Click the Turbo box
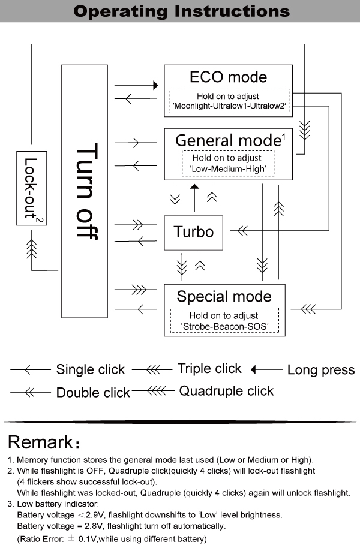tap(193, 232)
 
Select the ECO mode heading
tap(228, 77)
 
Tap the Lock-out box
tap(31, 188)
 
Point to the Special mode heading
tap(224, 296)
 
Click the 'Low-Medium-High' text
tap(227, 170)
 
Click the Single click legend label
tap(91, 369)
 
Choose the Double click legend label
tap(93, 393)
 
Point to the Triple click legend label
tap(209, 368)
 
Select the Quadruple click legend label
tap(226, 391)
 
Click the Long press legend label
tap(321, 370)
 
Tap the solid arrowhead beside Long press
tap(254, 369)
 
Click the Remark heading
tap(40, 443)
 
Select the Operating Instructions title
tap(180, 11)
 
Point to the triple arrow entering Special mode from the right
tap(308, 309)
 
